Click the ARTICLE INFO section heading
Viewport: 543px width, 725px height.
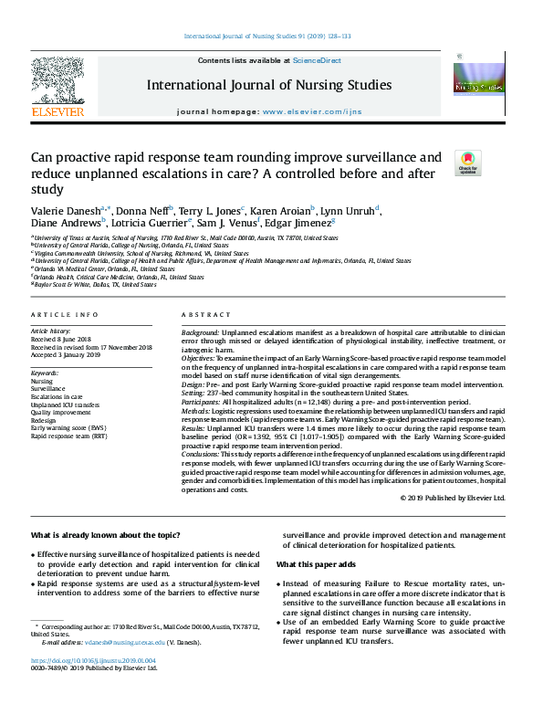pyautogui.click(x=65, y=313)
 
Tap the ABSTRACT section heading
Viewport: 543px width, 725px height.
pyautogui.click(x=205, y=313)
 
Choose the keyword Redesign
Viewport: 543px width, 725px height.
pyautogui.click(x=46, y=419)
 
